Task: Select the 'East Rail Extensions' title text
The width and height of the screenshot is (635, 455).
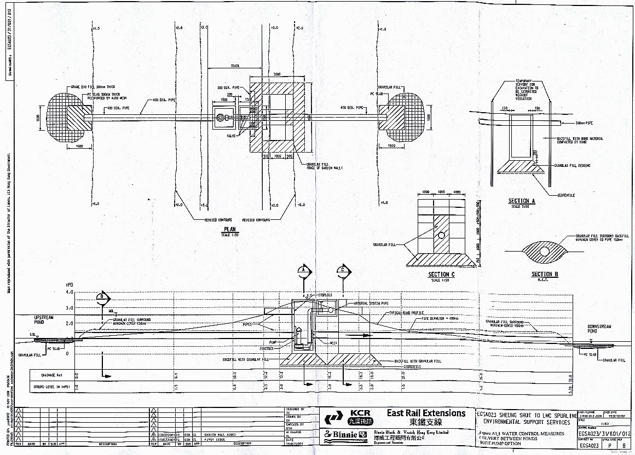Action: point(426,413)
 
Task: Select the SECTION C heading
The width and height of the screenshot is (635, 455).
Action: point(441,275)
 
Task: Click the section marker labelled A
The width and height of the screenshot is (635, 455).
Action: point(304,270)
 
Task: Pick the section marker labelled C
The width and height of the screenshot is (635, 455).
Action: point(343,270)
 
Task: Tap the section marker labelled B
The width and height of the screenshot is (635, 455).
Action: point(102,297)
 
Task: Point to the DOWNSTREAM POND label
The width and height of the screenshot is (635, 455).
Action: point(600,329)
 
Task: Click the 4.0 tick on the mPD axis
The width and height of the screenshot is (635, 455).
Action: point(69,293)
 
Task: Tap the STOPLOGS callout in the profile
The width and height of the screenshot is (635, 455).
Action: point(319,295)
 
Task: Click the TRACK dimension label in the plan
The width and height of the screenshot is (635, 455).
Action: point(235,66)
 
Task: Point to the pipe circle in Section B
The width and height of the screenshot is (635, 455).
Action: point(545,251)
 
